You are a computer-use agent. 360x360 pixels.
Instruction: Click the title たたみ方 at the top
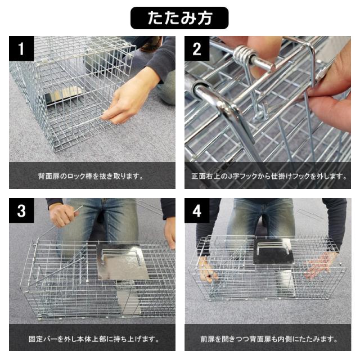pos(179,18)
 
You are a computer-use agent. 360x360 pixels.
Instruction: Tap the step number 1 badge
pos(21,48)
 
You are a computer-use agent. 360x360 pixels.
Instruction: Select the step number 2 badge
pos(197,48)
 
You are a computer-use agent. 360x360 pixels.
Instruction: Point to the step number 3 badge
pos(21,210)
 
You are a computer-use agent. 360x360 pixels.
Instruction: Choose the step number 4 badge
pos(197,210)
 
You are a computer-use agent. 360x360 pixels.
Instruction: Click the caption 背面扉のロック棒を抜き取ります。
pos(91,176)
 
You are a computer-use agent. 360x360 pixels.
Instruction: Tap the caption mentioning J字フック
pos(269,176)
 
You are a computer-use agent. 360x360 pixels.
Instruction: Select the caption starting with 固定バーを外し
pos(94,339)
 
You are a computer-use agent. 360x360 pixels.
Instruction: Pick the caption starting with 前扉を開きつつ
pos(269,339)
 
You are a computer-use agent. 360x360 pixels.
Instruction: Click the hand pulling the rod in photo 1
pos(129,101)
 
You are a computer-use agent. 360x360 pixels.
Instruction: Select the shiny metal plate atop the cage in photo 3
pos(122,262)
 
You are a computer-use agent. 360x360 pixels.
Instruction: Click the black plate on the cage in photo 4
pos(273,251)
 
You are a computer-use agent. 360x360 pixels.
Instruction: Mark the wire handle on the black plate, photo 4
pos(273,247)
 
